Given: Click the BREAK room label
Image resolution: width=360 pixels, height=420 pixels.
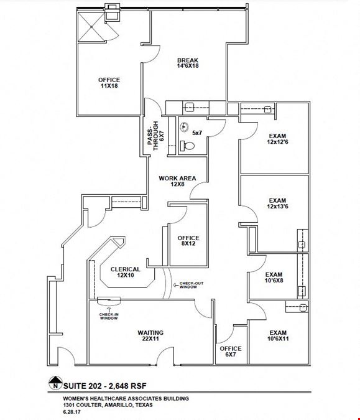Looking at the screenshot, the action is (x=188, y=63).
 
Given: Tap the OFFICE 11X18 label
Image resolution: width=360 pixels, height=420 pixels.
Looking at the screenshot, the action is (x=109, y=83).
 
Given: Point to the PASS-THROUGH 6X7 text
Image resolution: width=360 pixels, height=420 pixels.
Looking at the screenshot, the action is (x=156, y=136).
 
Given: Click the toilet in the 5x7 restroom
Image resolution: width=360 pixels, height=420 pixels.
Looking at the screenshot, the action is (x=187, y=146).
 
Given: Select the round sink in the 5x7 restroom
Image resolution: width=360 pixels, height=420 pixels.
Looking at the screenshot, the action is (x=184, y=127).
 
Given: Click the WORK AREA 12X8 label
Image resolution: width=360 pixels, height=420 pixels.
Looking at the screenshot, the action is (x=177, y=181).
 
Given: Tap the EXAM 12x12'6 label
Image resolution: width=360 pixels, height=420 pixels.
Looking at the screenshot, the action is (x=277, y=139).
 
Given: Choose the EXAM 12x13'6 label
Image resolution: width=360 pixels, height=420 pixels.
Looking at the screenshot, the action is (x=277, y=203).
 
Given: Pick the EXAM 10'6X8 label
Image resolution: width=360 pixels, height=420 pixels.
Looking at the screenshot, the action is (x=274, y=278).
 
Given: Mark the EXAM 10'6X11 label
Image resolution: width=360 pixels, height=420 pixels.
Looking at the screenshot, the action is (x=278, y=335).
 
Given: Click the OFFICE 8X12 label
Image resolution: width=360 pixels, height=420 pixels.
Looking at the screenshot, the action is (x=188, y=241).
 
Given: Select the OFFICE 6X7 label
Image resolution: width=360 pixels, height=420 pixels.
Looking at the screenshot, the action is (x=231, y=352).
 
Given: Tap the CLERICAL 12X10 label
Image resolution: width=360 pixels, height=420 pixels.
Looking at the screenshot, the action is (x=125, y=272).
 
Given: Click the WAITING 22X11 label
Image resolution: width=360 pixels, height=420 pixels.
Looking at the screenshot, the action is (x=150, y=335).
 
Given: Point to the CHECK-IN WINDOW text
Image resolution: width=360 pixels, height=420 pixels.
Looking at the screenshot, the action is (x=109, y=316).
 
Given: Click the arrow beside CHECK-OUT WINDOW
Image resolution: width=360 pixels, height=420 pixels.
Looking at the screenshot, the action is (x=176, y=285).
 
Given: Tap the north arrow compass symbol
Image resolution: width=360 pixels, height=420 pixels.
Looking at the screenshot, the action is (x=55, y=383).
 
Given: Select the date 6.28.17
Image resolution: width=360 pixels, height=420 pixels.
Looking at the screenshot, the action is (x=72, y=412).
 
